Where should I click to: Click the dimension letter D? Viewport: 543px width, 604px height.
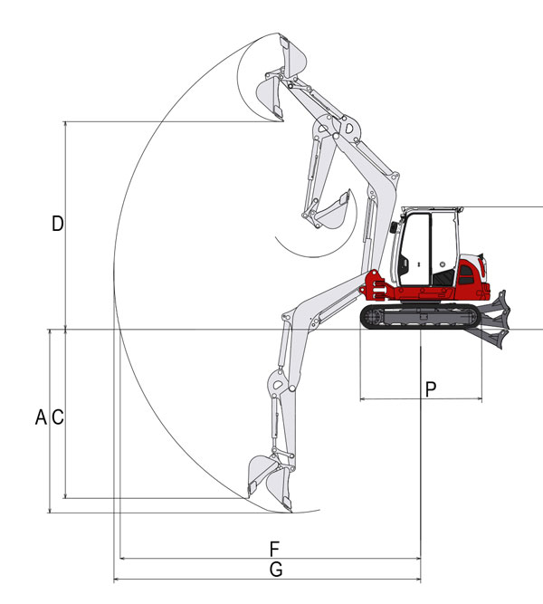57,224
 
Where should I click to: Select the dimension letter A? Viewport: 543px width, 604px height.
41,417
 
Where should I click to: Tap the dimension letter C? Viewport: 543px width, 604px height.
57,417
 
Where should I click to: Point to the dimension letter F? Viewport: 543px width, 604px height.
274,549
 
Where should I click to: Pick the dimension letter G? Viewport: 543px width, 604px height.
276,570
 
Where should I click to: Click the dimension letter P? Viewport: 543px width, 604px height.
431,389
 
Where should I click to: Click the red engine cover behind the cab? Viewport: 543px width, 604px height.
471,278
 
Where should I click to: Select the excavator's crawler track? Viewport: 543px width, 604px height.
421,316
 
